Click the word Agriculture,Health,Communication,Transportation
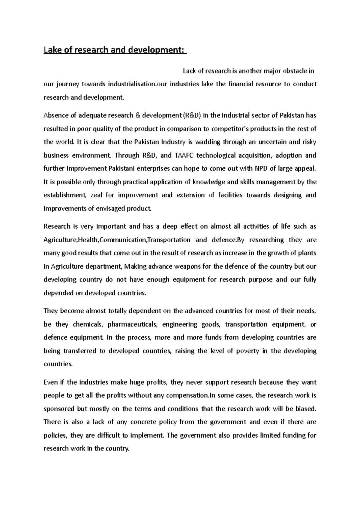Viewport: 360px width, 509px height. [117, 240]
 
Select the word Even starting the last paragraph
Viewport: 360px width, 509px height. [50, 382]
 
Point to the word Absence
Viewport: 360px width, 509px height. [54, 115]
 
